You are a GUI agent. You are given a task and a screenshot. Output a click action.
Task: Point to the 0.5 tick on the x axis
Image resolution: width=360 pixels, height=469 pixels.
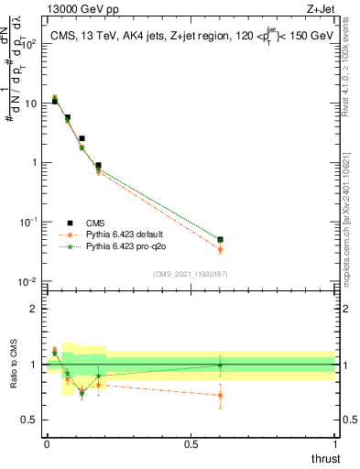point(191,443)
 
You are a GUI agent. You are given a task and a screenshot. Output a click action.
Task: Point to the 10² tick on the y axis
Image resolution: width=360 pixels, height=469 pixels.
point(30,44)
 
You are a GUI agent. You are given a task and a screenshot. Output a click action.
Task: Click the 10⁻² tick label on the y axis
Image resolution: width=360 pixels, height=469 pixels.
point(28,281)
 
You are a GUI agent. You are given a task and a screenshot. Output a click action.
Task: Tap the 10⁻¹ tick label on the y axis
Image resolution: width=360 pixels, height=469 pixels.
point(28,222)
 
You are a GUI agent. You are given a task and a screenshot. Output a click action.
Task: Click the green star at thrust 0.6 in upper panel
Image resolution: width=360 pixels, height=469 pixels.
point(219,240)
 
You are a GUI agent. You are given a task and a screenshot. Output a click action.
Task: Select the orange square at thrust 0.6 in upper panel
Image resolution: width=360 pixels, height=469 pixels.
point(219,249)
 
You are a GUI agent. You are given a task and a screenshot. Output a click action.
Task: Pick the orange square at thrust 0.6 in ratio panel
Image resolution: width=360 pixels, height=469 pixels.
point(219,396)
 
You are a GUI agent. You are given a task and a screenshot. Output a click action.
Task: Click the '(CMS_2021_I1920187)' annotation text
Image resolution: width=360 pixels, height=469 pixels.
point(190,273)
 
